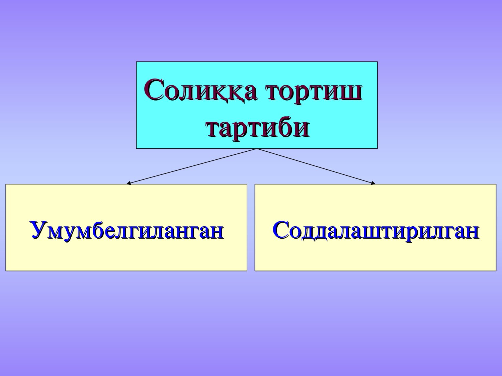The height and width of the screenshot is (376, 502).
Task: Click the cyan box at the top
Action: click(x=257, y=105)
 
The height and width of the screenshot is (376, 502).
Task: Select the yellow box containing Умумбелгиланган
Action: click(x=126, y=227)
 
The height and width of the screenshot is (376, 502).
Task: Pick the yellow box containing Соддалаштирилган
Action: click(x=375, y=227)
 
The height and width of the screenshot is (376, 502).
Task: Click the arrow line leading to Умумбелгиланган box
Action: click(x=192, y=166)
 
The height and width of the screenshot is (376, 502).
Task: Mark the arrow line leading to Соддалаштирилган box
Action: click(x=316, y=166)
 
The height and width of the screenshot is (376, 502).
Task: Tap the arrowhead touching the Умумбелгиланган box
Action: click(x=129, y=183)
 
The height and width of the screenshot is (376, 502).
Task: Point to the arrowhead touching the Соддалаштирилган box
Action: click(x=373, y=183)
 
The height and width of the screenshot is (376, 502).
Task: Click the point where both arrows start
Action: click(x=257, y=149)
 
